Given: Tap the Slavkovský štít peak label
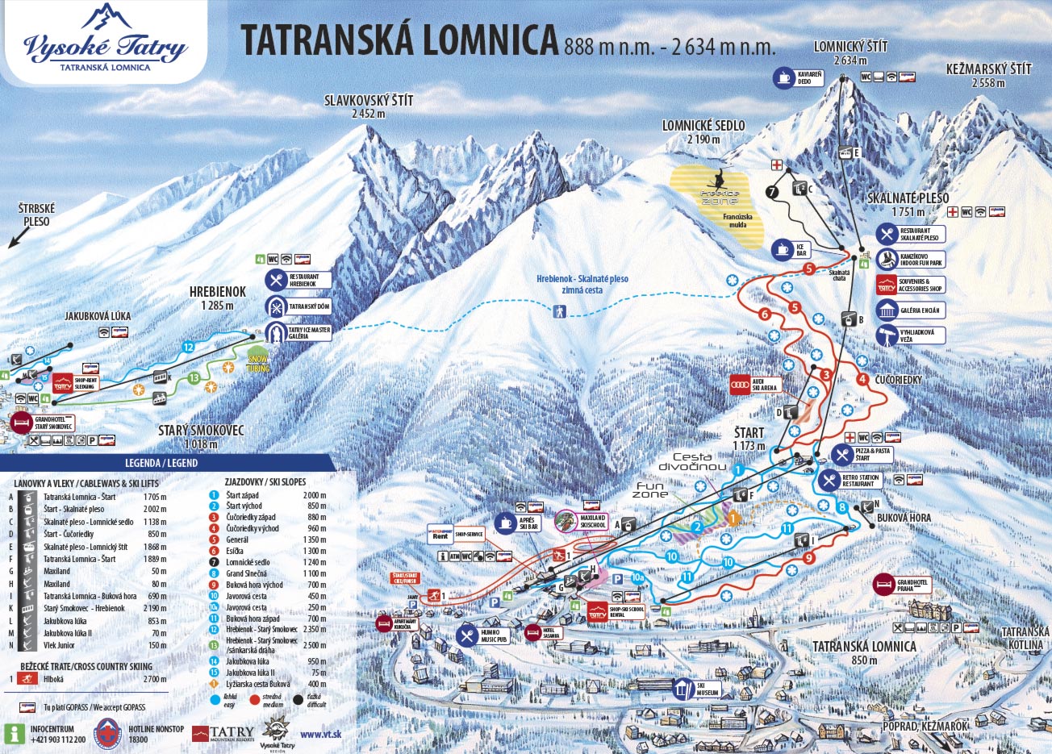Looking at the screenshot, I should click(369, 106).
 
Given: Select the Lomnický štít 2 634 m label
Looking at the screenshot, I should click(850, 52).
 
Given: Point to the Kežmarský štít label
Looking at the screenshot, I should click(988, 75).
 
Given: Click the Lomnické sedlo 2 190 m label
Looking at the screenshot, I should click(703, 131).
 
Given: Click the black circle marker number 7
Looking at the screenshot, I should click(772, 192).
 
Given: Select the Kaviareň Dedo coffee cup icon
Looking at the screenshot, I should click(783, 77).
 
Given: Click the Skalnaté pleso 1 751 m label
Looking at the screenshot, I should click(908, 204).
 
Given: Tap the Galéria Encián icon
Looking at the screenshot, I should click(887, 310).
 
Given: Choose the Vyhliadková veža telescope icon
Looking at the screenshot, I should click(887, 335).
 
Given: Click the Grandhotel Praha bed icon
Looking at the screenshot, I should click(884, 585).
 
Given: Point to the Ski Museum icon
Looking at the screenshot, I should click(683, 689).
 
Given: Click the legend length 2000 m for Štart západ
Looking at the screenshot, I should click(315, 495).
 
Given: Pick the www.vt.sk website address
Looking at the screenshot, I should click(320, 734).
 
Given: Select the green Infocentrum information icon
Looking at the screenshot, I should click(14, 733).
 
